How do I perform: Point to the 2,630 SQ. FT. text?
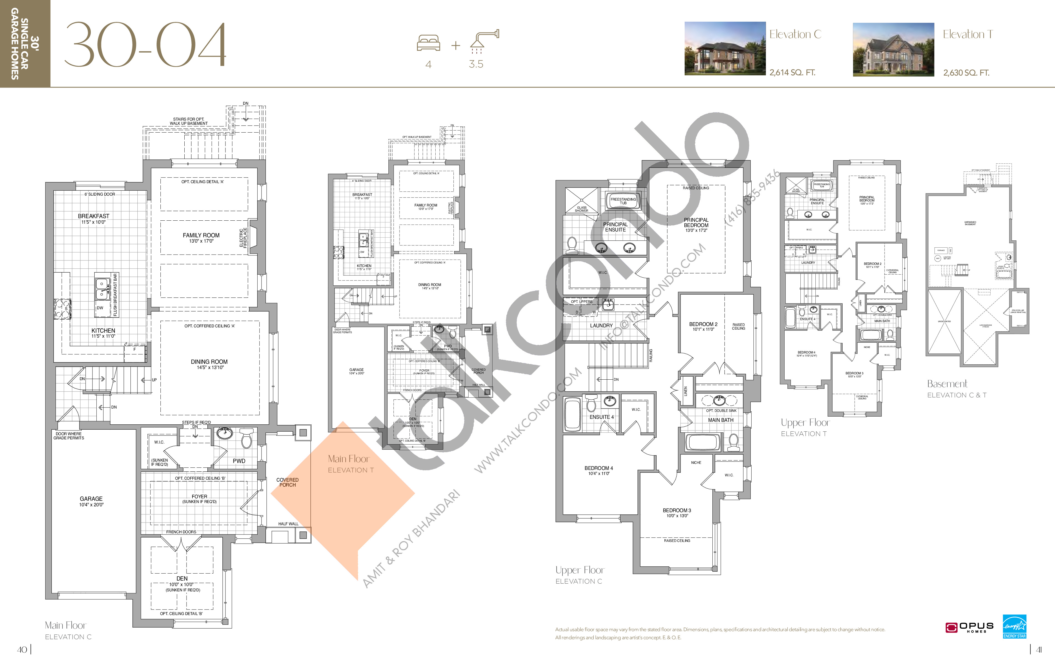coord(966,73)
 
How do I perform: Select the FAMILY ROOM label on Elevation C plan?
coord(201,235)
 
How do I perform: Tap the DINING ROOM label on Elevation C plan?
coord(209,362)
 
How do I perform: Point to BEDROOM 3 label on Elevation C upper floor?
coord(677,511)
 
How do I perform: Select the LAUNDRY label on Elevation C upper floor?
coord(601,325)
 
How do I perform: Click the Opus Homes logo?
coord(969,628)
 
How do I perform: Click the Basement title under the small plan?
coord(947,384)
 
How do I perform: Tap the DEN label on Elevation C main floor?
coord(182,578)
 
